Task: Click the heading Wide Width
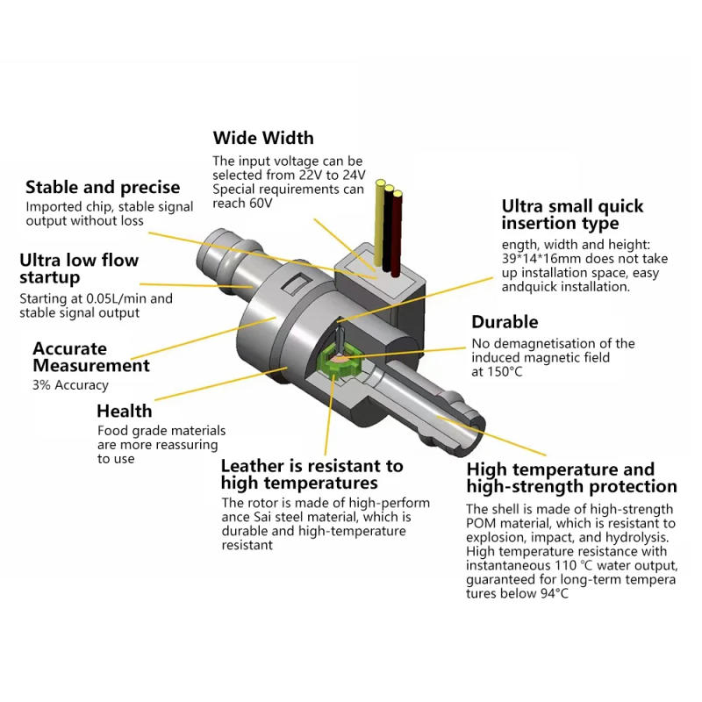262,138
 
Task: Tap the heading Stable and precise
103,187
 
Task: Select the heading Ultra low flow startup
79,269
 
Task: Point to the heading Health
124,411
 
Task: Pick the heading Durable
505,322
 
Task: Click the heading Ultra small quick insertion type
572,215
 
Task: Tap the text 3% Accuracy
70,384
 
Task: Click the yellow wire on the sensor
380,219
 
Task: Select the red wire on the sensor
398,224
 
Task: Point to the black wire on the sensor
389,221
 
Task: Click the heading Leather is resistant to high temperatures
312,474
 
